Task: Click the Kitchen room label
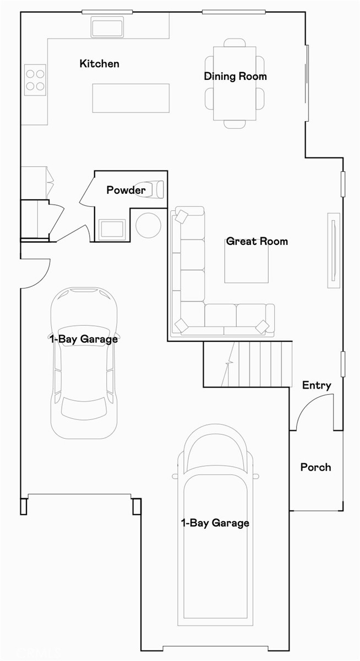pyautogui.click(x=99, y=64)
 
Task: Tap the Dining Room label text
pyautogui.click(x=235, y=77)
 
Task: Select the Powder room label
pyautogui.click(x=126, y=190)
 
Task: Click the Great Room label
pyautogui.click(x=257, y=241)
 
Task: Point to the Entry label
pyautogui.click(x=317, y=385)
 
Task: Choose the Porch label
pyautogui.click(x=315, y=467)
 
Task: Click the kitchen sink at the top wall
pyautogui.click(x=108, y=26)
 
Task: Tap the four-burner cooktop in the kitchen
pyautogui.click(x=35, y=80)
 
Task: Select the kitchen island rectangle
pyautogui.click(x=130, y=98)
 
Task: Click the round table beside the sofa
pyautogui.click(x=148, y=225)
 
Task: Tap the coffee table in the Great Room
pyautogui.click(x=246, y=262)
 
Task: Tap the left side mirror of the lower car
pyautogui.click(x=176, y=476)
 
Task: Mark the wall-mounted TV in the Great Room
pyautogui.click(x=333, y=250)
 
